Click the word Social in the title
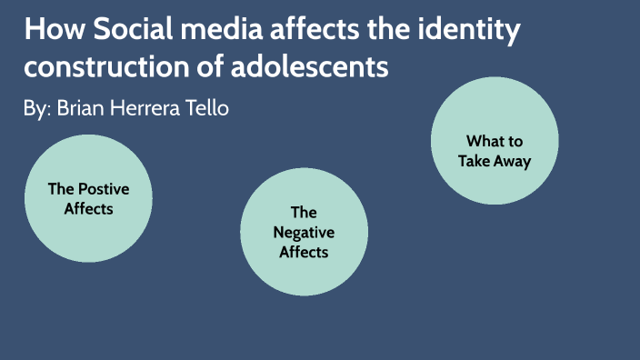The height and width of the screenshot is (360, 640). [x=121, y=30]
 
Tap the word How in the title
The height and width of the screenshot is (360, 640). [x=51, y=30]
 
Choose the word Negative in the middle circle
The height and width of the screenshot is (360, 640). [x=304, y=233]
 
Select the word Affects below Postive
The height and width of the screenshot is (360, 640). [x=88, y=209]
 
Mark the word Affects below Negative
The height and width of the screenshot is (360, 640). [x=304, y=252]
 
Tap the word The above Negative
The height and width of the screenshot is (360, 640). [x=304, y=214]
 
